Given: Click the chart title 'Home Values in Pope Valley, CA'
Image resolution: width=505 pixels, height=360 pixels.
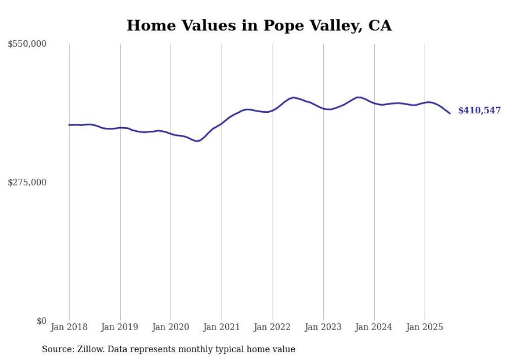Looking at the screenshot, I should [259, 25].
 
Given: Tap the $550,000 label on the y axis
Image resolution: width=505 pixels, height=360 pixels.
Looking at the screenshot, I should [27, 44].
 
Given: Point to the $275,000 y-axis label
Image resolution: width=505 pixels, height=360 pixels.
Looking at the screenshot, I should [27, 182].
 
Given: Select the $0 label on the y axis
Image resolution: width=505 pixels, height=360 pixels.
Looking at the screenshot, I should [41, 321].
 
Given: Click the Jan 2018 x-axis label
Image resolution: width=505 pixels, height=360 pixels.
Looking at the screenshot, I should [69, 327].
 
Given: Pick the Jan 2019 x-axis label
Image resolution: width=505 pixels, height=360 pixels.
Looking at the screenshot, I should [120, 327].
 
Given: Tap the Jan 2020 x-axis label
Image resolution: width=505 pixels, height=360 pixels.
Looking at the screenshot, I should [171, 327].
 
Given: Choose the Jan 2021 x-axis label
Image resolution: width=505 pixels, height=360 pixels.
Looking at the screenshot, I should [222, 327].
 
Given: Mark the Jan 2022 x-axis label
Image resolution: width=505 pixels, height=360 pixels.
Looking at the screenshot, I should [272, 327].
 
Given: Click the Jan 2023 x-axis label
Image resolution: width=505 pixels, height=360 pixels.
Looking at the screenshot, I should [323, 327].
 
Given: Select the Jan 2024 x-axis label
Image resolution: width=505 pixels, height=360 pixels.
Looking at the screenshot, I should [374, 327].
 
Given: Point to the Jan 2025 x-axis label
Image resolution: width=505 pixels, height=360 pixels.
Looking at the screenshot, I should [425, 327].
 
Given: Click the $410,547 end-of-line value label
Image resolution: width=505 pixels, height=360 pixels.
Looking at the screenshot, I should [479, 111].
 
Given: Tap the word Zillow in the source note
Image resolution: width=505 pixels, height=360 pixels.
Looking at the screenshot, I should [88, 350].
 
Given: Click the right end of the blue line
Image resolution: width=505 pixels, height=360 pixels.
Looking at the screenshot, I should [450, 113].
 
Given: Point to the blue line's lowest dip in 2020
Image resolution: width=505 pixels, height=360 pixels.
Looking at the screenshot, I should [196, 141].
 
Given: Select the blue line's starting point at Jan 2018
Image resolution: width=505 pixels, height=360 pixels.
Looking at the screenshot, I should [69, 125].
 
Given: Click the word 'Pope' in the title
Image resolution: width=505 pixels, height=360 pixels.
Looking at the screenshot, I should [287, 25].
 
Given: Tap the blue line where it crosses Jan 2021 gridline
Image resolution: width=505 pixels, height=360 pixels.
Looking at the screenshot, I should [222, 123].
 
